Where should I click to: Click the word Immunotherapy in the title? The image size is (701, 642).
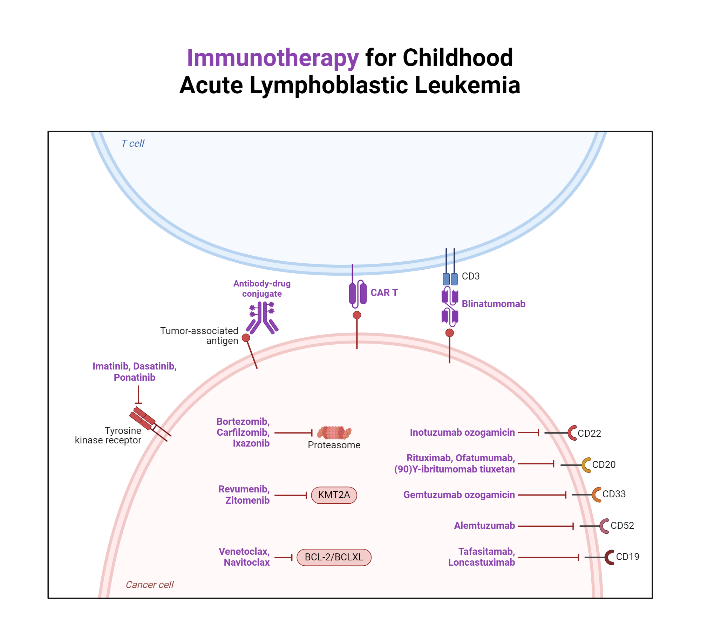click(x=272, y=58)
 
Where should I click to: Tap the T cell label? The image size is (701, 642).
click(x=132, y=143)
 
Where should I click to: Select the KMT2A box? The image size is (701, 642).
click(x=334, y=495)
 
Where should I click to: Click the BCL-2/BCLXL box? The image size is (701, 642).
click(x=334, y=557)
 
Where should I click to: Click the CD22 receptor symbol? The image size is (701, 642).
click(x=572, y=433)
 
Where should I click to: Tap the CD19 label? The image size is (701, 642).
click(x=627, y=557)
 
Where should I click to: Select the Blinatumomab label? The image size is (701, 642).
click(x=493, y=304)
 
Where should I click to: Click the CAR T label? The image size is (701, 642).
click(x=384, y=293)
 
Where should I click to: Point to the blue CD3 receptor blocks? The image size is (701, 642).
click(x=450, y=279)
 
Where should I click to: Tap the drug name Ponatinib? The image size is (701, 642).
click(x=134, y=378)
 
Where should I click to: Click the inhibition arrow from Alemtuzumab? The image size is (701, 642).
click(x=545, y=526)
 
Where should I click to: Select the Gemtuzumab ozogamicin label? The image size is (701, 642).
click(x=459, y=495)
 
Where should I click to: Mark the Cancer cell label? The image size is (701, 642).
click(x=150, y=585)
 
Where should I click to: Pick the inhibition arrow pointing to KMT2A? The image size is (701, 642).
click(x=291, y=495)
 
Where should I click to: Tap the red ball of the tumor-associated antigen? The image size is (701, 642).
click(x=246, y=338)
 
